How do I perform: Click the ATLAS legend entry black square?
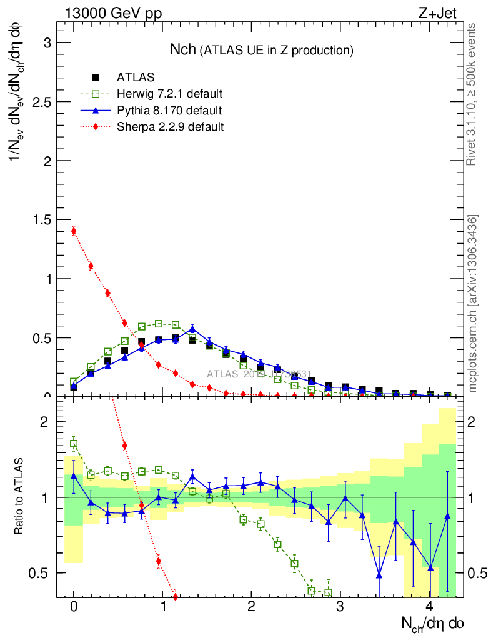96,77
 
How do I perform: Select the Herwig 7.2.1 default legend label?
170,94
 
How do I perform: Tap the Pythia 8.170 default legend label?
169,111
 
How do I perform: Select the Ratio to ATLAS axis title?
19,497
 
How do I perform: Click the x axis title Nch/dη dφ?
432,623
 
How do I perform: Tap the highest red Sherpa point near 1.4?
74,231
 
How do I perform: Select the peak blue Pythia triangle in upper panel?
192,328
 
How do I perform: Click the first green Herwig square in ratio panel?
74,444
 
